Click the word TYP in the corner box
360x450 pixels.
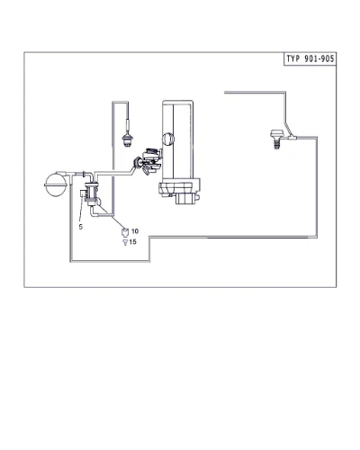293,58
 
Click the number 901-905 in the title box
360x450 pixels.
319,58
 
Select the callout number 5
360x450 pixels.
81,227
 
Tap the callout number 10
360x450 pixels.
135,231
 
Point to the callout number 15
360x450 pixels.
133,242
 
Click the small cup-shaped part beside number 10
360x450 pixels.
125,232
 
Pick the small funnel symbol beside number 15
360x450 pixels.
125,242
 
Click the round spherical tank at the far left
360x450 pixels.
56,184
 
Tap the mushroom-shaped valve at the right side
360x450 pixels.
276,134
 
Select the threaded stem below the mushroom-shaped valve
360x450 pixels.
276,144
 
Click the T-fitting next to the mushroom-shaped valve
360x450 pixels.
292,138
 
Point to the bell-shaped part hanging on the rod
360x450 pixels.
128,139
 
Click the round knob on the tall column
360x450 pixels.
168,139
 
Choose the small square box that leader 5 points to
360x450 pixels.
83,193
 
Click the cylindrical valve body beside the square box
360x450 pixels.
91,193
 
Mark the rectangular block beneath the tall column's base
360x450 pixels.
185,199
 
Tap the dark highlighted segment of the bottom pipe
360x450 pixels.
257,238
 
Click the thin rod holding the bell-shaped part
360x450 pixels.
128,119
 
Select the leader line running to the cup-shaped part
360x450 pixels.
111,215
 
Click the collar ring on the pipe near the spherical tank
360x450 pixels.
84,174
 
